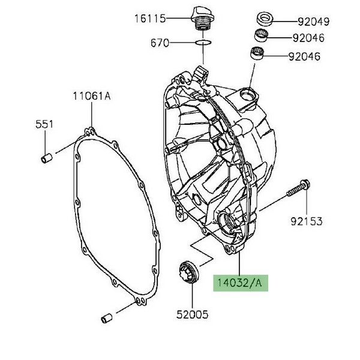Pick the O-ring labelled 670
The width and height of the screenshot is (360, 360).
point(203,43)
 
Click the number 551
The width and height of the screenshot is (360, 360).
point(44,124)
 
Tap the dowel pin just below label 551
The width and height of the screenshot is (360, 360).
point(44,158)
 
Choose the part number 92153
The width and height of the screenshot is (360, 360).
point(307,222)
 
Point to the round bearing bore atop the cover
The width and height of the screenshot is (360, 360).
point(248,94)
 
